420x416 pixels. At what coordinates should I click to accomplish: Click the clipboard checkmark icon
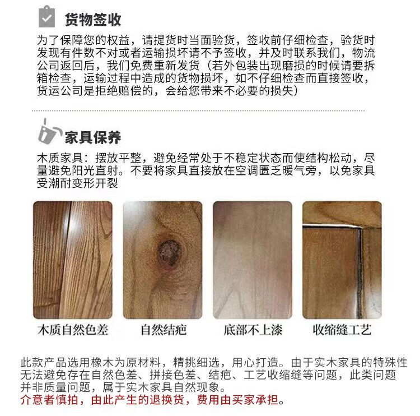46,17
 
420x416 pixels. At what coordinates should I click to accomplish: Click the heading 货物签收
93,20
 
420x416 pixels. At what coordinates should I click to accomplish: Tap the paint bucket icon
48,132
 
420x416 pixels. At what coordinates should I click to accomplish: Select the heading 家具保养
93,137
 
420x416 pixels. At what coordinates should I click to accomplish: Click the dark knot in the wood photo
169,252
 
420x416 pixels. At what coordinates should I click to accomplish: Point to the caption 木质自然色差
73,330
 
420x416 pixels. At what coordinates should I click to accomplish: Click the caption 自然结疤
164,330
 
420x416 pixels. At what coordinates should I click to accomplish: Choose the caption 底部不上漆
253,330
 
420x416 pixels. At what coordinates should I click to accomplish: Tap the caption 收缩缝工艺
342,330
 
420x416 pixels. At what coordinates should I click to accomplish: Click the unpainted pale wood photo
253,260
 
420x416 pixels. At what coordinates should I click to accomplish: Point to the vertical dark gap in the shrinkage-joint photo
360,272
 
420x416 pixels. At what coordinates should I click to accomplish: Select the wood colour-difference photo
73,260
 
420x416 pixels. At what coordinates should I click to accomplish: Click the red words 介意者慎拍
49,400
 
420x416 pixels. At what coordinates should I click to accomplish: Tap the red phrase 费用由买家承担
237,400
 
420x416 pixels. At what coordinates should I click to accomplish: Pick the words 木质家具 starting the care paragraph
60,158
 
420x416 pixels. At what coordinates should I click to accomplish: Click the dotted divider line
198,110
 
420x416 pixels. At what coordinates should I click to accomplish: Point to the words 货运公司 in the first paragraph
60,91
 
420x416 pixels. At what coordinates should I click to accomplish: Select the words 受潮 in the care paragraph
49,183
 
